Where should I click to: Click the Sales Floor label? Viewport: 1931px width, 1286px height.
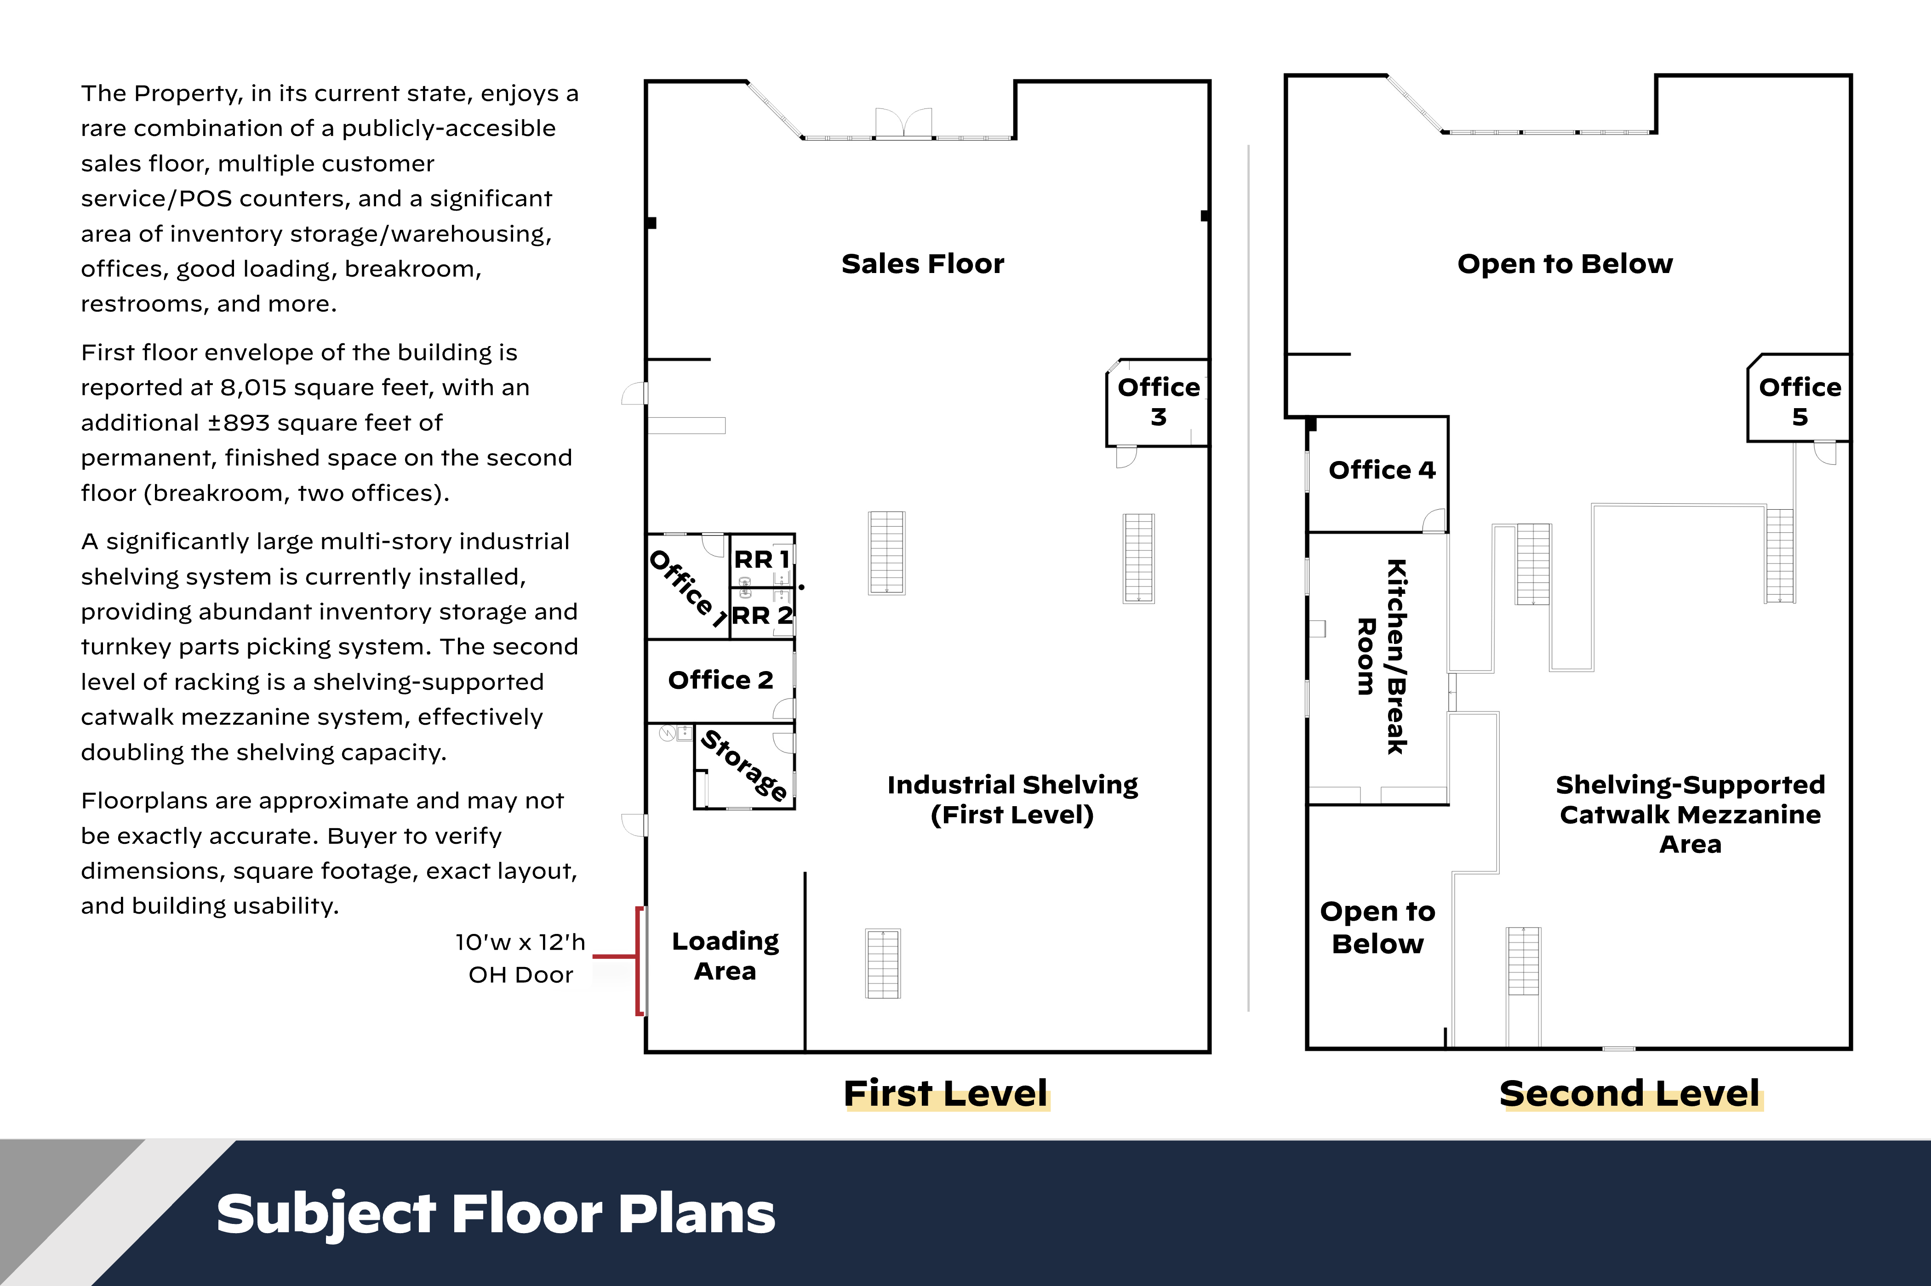click(923, 264)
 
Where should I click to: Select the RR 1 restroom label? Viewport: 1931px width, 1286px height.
click(761, 559)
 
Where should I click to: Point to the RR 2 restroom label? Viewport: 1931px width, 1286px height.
click(762, 615)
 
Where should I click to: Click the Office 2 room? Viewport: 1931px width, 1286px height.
click(720, 681)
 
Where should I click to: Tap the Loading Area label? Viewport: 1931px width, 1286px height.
click(725, 956)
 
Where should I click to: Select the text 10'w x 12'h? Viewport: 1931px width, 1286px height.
click(520, 942)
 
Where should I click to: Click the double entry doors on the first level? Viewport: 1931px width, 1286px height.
click(903, 123)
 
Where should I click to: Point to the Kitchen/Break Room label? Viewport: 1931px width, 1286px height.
click(1382, 656)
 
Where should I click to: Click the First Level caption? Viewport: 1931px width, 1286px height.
click(946, 1093)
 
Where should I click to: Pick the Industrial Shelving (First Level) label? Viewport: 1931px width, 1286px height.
click(1012, 800)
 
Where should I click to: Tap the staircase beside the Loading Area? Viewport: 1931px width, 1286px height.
click(883, 964)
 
